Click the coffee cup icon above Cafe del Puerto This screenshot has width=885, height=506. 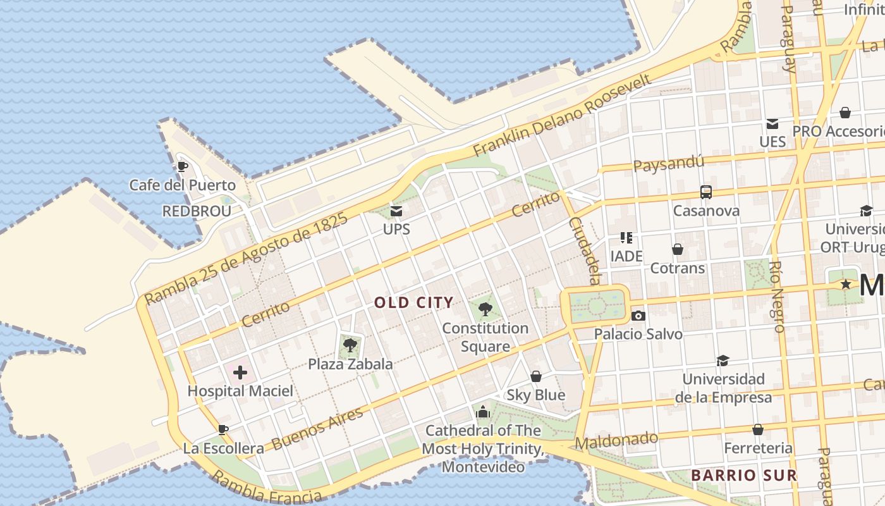[182, 167]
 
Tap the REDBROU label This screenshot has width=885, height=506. [197, 211]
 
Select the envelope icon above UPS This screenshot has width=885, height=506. [396, 211]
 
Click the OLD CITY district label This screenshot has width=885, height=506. [414, 302]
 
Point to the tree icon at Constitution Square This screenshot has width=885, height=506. [485, 309]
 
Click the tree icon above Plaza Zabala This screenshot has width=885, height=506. [350, 345]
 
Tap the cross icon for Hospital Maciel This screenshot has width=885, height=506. [240, 373]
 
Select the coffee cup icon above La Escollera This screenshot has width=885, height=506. [223, 429]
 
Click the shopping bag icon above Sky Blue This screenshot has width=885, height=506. [536, 377]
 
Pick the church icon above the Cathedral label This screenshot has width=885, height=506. [483, 412]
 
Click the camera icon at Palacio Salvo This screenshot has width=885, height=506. [638, 316]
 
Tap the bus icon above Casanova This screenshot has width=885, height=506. [706, 192]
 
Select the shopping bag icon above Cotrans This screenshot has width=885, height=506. [678, 250]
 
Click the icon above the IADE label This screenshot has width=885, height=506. [626, 238]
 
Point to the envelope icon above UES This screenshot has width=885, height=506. [772, 123]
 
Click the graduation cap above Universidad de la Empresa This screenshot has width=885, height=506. [723, 361]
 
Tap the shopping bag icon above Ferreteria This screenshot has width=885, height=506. [758, 430]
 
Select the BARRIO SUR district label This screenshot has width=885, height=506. [743, 475]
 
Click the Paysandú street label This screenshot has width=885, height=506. [668, 164]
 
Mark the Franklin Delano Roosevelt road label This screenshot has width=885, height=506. [562, 116]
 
